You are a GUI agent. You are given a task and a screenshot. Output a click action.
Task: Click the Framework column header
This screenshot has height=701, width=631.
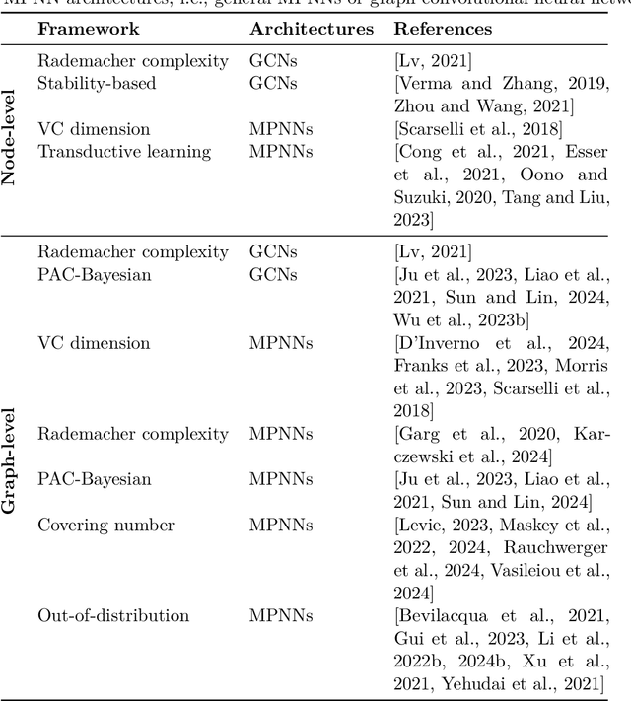(88, 30)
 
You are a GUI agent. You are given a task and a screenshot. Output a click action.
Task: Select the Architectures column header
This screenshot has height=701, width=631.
(312, 30)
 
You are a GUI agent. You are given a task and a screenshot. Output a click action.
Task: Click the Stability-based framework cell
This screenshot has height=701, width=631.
(97, 84)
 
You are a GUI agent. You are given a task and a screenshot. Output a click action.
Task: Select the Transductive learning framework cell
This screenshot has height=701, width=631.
(124, 152)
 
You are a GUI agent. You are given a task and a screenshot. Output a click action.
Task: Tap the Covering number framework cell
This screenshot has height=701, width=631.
(105, 526)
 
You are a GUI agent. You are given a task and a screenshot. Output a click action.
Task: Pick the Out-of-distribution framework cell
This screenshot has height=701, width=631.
(113, 616)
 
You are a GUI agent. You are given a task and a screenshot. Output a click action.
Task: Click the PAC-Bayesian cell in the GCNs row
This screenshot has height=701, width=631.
(95, 275)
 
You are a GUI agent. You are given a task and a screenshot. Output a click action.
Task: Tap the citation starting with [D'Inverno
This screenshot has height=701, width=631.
(501, 344)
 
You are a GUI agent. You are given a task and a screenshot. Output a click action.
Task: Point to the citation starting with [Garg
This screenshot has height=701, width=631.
(501, 435)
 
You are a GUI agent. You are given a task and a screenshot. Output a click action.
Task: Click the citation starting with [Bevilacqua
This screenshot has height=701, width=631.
(501, 616)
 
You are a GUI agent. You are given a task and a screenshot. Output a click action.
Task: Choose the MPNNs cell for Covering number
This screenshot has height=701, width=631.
(281, 526)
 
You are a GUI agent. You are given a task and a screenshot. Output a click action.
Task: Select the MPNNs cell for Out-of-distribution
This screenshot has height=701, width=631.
(281, 616)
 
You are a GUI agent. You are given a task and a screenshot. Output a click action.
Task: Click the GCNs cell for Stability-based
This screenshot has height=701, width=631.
(273, 84)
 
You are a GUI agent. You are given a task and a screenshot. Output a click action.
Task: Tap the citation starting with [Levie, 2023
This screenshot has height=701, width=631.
(501, 526)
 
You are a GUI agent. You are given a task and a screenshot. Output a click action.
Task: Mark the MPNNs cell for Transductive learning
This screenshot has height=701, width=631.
(281, 152)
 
